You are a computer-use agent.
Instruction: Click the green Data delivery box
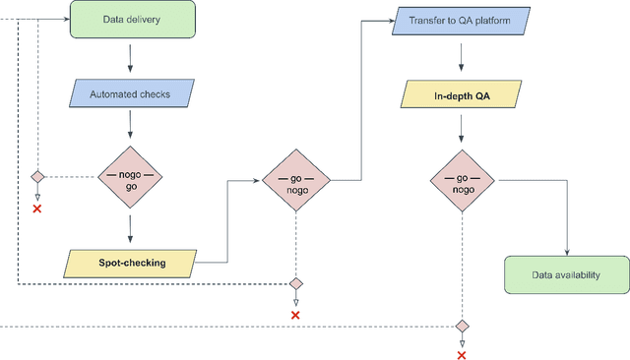point(132,20)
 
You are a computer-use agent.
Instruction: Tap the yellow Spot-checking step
point(132,263)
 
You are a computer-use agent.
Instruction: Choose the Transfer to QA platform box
point(463,20)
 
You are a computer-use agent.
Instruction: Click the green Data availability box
point(566,274)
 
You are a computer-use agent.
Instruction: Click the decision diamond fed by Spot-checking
point(296,181)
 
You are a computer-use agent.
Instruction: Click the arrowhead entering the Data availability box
point(566,251)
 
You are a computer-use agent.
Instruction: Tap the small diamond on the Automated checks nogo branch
point(37,177)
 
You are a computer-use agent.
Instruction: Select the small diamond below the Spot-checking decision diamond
point(296,283)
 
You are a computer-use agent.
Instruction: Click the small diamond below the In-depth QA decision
point(462,326)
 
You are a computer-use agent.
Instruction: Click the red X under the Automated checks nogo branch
point(37,210)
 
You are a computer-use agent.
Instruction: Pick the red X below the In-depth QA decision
point(462,355)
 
